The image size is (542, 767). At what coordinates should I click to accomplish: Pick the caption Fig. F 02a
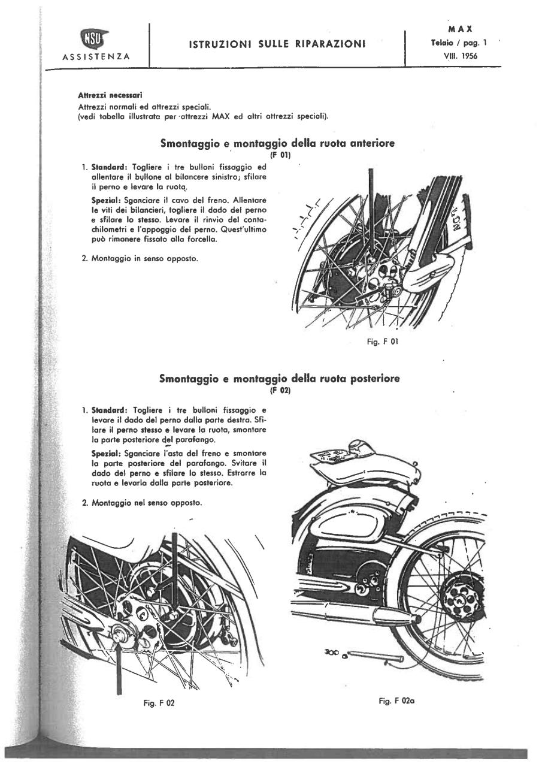point(393,700)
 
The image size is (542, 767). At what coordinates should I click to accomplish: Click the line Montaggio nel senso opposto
point(142,502)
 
